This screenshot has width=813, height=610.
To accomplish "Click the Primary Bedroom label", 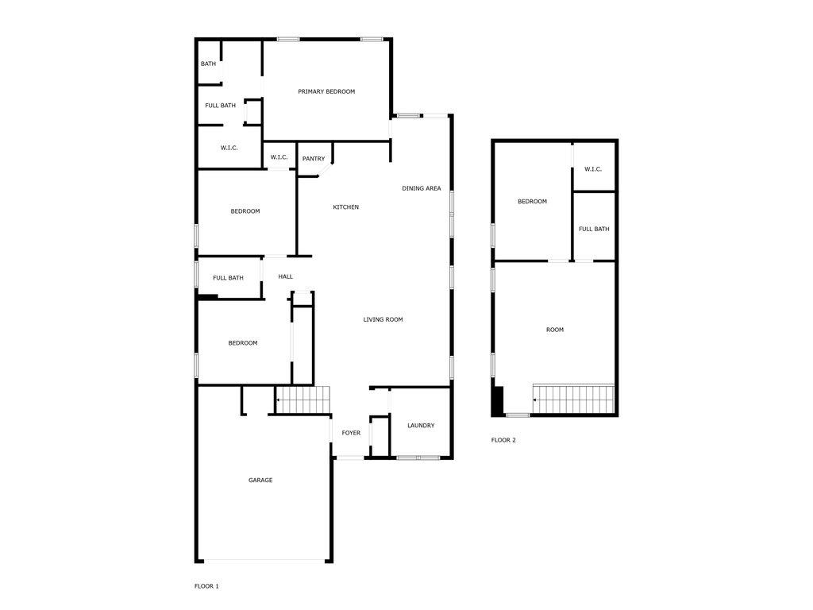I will point(326,91).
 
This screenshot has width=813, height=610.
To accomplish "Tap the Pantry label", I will point(314,159).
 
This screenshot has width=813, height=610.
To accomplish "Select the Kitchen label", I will point(345,207).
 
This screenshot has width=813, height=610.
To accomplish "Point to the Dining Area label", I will point(422,188).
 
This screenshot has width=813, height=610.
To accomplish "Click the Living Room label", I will point(383,319).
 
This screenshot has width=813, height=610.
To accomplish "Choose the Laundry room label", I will point(421,426).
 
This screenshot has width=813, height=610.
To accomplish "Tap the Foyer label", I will point(351,433).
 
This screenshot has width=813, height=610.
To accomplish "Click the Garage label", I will point(260,480).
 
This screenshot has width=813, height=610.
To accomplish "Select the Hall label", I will point(286,276).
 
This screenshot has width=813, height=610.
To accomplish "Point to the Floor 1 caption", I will point(206,586).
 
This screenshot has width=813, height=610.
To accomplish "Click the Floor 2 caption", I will point(503,440).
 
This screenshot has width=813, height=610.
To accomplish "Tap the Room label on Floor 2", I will point(555,330).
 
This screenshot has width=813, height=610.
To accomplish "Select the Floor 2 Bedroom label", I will point(532,202).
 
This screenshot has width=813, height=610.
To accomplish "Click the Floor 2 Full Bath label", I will point(594,230).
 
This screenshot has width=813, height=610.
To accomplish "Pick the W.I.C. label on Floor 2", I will point(593,169).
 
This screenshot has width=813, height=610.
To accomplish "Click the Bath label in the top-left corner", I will point(208,64).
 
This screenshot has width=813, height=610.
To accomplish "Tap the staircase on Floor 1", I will point(302,400).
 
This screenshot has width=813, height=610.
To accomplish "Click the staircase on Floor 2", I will point(574,400).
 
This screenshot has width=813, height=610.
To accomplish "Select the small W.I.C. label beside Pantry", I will point(279,157).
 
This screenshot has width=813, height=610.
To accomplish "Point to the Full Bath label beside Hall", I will point(229,278).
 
